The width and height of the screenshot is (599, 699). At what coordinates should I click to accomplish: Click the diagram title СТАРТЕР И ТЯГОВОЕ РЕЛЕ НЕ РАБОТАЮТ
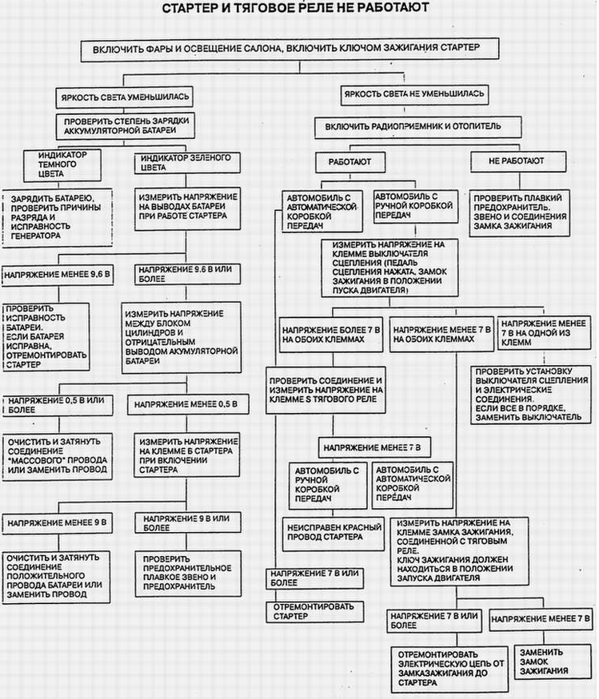click(295, 8)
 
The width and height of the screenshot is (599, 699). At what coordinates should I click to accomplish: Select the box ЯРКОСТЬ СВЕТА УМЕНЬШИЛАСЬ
click(124, 97)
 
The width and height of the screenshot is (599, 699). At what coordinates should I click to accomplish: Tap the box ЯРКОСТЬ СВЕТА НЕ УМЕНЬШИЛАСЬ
click(414, 94)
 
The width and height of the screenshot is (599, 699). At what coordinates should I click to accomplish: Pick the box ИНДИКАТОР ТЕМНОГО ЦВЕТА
click(62, 165)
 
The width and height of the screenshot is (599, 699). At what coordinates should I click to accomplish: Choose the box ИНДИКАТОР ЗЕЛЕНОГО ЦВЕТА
click(187, 163)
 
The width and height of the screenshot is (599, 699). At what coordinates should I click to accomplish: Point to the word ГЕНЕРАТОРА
click(36, 236)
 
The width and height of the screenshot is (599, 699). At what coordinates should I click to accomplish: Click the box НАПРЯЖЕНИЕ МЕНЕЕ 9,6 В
click(57, 275)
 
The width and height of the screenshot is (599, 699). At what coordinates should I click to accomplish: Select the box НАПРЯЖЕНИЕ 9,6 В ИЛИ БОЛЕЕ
click(187, 274)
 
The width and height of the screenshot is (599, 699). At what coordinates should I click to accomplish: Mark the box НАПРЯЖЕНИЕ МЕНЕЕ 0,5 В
click(188, 404)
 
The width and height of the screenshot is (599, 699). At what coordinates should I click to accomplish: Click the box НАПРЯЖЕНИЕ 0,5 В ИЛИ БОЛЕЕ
click(57, 405)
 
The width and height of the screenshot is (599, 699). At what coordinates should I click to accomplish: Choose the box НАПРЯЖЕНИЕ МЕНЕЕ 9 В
click(57, 523)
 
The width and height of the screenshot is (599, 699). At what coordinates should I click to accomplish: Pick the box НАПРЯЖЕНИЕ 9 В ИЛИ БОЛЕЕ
click(187, 523)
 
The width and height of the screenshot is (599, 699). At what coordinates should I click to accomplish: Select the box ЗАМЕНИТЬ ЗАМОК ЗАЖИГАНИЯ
click(547, 662)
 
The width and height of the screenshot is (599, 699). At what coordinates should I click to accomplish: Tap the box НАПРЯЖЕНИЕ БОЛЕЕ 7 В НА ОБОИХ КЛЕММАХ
click(331, 335)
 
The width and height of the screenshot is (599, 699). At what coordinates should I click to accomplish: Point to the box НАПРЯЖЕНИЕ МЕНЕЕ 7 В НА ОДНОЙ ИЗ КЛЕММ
click(544, 333)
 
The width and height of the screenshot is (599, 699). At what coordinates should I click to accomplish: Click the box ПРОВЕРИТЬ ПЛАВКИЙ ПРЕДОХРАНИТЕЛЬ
click(519, 213)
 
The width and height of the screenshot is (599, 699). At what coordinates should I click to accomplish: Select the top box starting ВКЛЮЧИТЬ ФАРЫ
click(290, 50)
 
